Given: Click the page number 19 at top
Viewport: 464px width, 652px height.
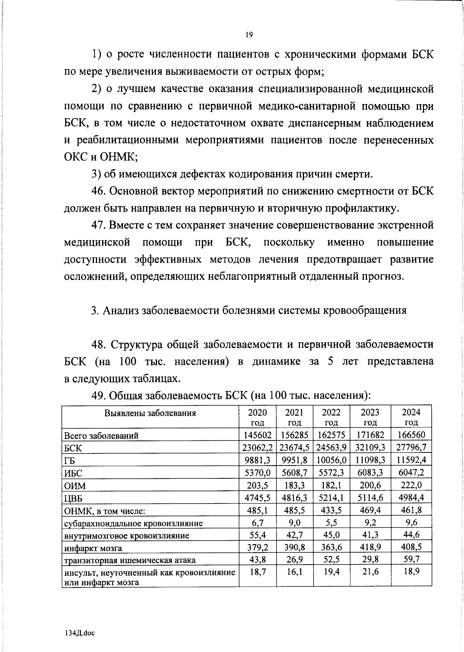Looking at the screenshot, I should tap(249, 35).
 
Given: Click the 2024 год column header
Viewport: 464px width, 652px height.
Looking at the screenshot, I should tap(411, 417).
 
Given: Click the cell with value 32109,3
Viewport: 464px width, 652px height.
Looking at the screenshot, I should tap(370, 447).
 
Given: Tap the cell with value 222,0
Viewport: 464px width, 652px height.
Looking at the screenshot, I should tap(411, 485).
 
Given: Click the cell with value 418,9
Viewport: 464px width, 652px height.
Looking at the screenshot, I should tap(370, 546).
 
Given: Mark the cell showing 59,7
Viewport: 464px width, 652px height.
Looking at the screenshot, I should tap(411, 559).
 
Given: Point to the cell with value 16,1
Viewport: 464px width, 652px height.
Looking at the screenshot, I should tap(294, 572).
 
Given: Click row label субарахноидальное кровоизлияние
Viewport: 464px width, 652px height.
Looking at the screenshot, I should tap(133, 523).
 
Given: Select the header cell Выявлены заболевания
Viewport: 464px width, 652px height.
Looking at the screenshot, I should tap(150, 413).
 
